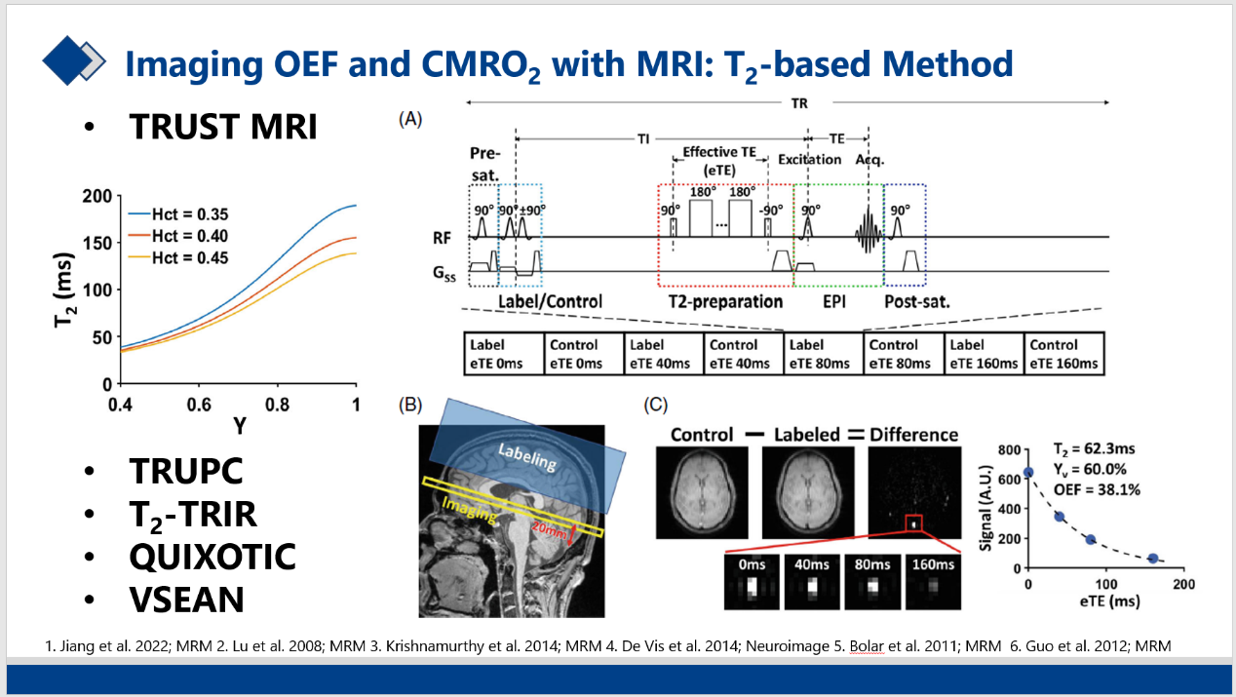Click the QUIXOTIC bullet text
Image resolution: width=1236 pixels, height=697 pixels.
(x=212, y=557)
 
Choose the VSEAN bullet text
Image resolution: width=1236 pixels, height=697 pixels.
(x=186, y=600)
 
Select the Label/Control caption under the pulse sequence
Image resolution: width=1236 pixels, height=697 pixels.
(x=551, y=301)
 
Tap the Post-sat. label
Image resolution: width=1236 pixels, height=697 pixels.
(x=917, y=301)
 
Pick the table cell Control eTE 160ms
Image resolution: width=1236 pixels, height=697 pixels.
(x=1063, y=354)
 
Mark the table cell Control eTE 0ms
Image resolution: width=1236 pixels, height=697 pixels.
(x=584, y=354)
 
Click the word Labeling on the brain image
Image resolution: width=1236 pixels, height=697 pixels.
(x=526, y=456)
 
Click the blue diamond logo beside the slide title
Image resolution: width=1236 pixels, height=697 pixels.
(x=74, y=60)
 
